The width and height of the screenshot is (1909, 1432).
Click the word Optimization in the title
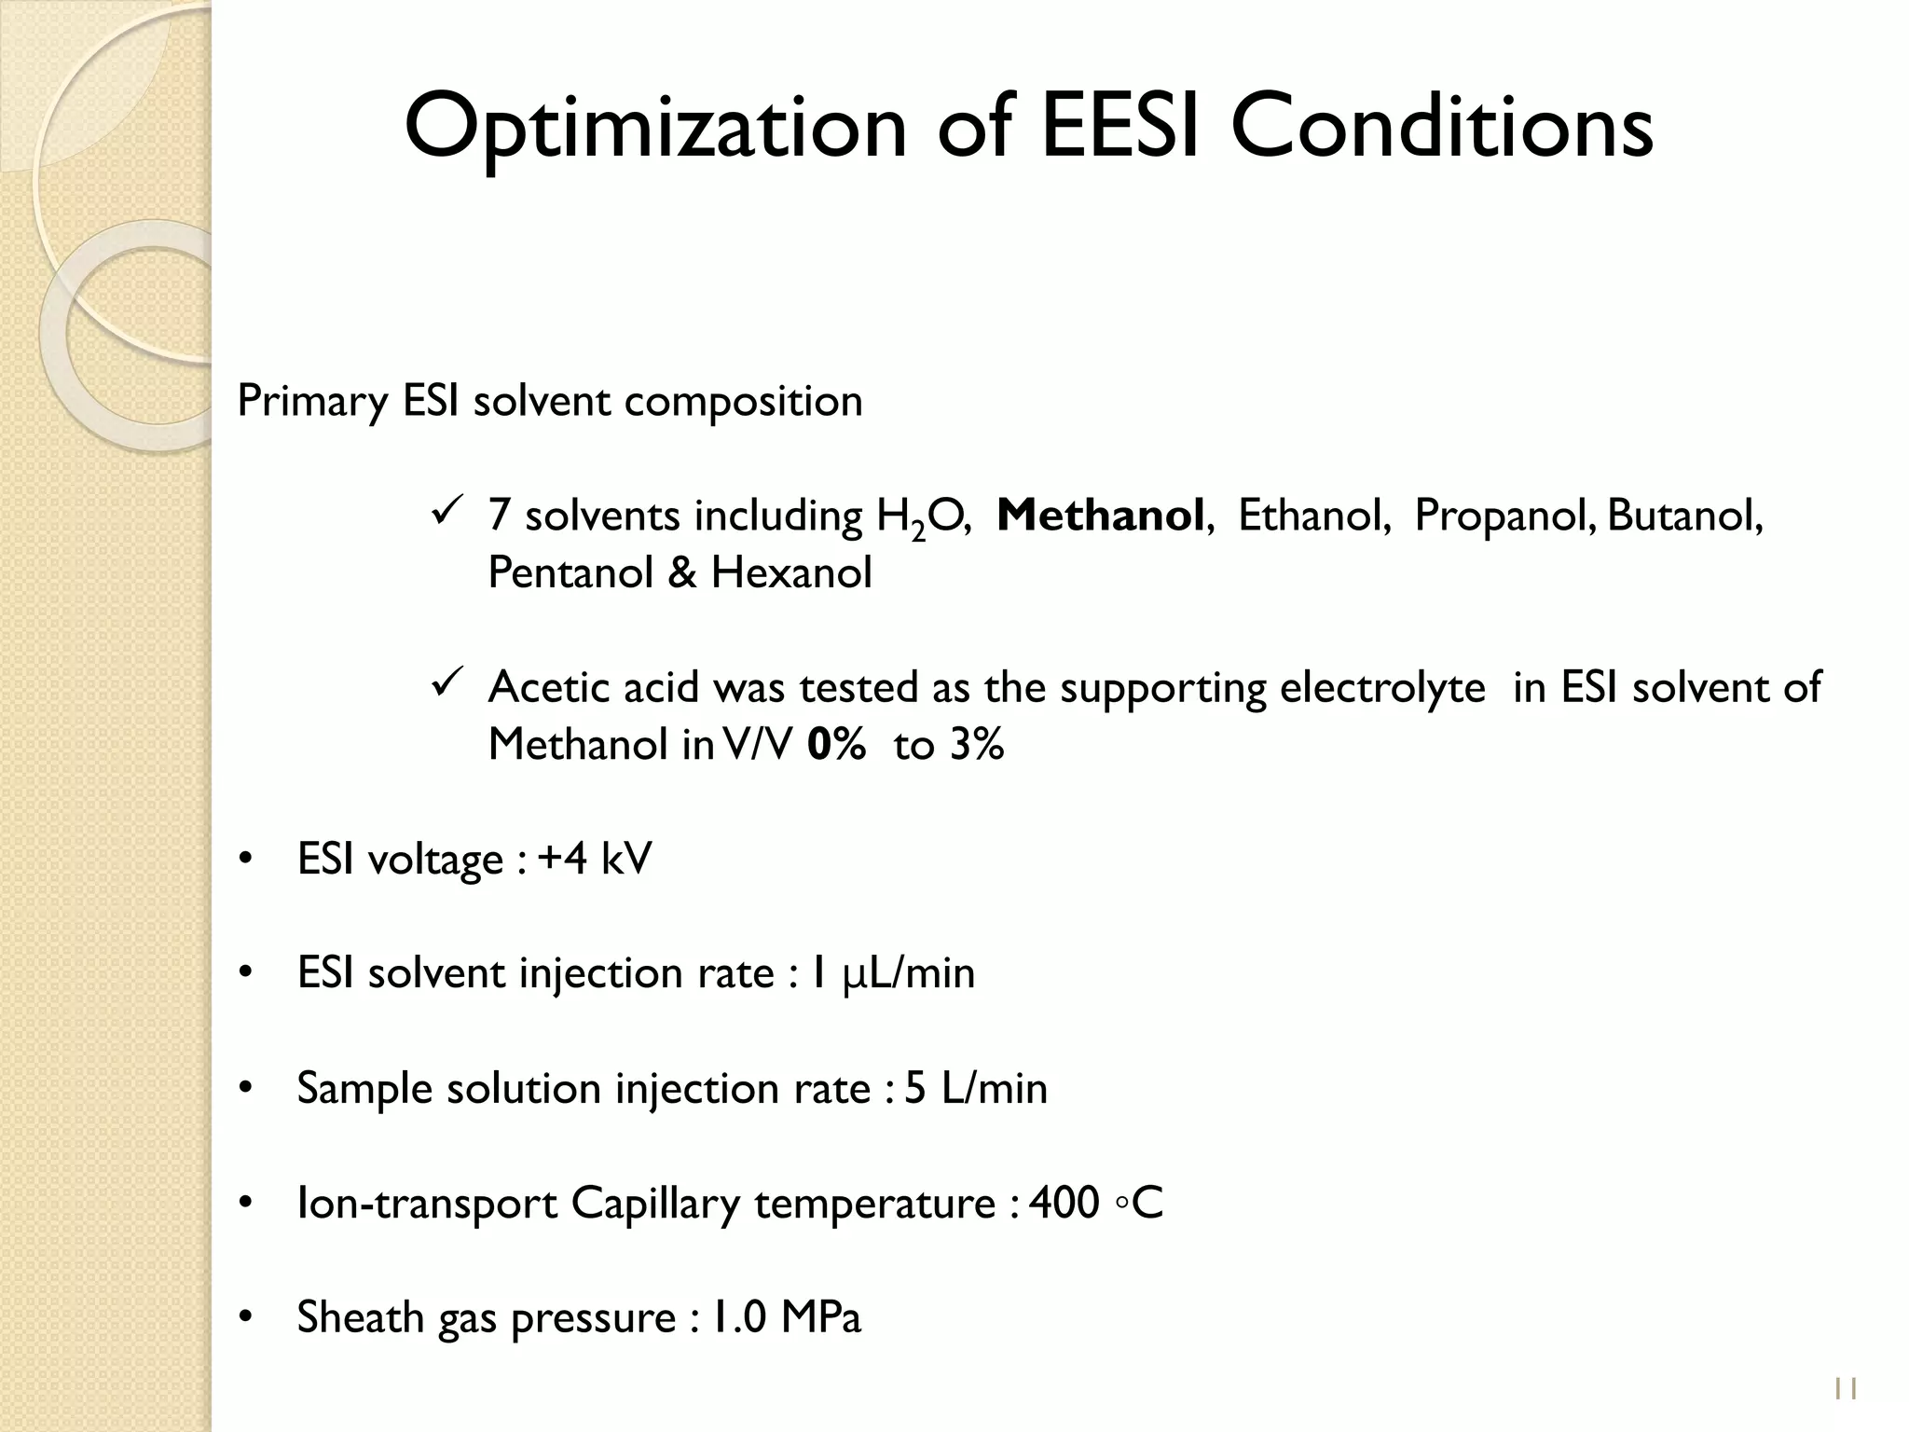click(x=654, y=128)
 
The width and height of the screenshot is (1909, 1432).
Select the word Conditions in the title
click(x=1441, y=126)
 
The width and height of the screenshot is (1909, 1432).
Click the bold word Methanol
click(x=1100, y=516)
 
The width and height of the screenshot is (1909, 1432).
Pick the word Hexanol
click(x=791, y=572)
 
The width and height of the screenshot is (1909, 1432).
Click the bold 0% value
click(x=836, y=745)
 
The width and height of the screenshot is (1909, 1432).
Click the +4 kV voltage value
click(x=595, y=859)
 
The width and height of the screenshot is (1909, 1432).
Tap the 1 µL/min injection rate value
click(x=892, y=973)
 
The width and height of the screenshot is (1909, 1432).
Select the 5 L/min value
click(x=975, y=1088)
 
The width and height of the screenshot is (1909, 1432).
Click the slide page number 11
click(x=1845, y=1389)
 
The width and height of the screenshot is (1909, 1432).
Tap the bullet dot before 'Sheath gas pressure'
click(x=245, y=1318)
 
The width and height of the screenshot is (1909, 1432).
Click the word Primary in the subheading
click(x=312, y=402)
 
